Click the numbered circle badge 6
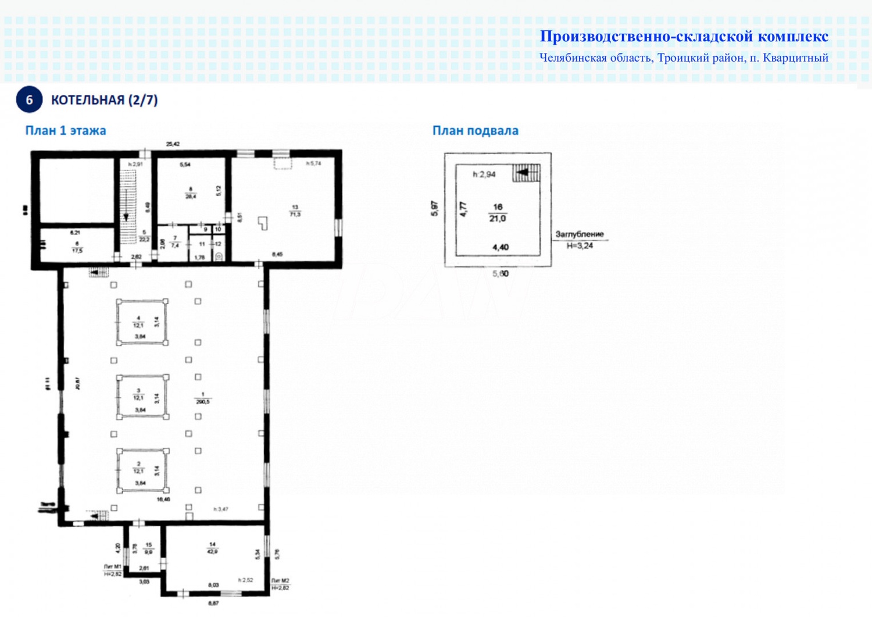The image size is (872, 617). tap(29, 100)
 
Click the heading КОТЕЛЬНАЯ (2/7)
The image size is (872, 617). tap(104, 100)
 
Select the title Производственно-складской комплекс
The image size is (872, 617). tap(684, 36)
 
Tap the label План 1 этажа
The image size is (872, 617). tap(65, 130)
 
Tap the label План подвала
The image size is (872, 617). tap(475, 130)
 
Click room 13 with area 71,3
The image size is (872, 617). tap(295, 211)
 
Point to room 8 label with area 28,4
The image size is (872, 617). tap(191, 193)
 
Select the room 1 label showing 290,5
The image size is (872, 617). tap(202, 398)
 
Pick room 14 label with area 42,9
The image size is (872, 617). tap(212, 548)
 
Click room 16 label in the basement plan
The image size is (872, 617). tap(498, 213)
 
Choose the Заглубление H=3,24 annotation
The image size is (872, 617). tap(580, 240)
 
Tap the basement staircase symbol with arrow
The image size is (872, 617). tap(526, 173)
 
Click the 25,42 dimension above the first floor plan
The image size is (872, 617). tap(173, 144)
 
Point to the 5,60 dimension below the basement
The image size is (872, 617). tap(500, 273)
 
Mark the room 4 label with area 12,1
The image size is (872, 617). tap(138, 322)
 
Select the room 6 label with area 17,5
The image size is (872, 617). tap(77, 247)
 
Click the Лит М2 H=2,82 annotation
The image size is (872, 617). tap(280, 584)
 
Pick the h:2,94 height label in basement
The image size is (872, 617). tap(484, 174)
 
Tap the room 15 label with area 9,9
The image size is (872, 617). tap(148, 548)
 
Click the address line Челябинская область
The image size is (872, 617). tap(684, 58)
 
